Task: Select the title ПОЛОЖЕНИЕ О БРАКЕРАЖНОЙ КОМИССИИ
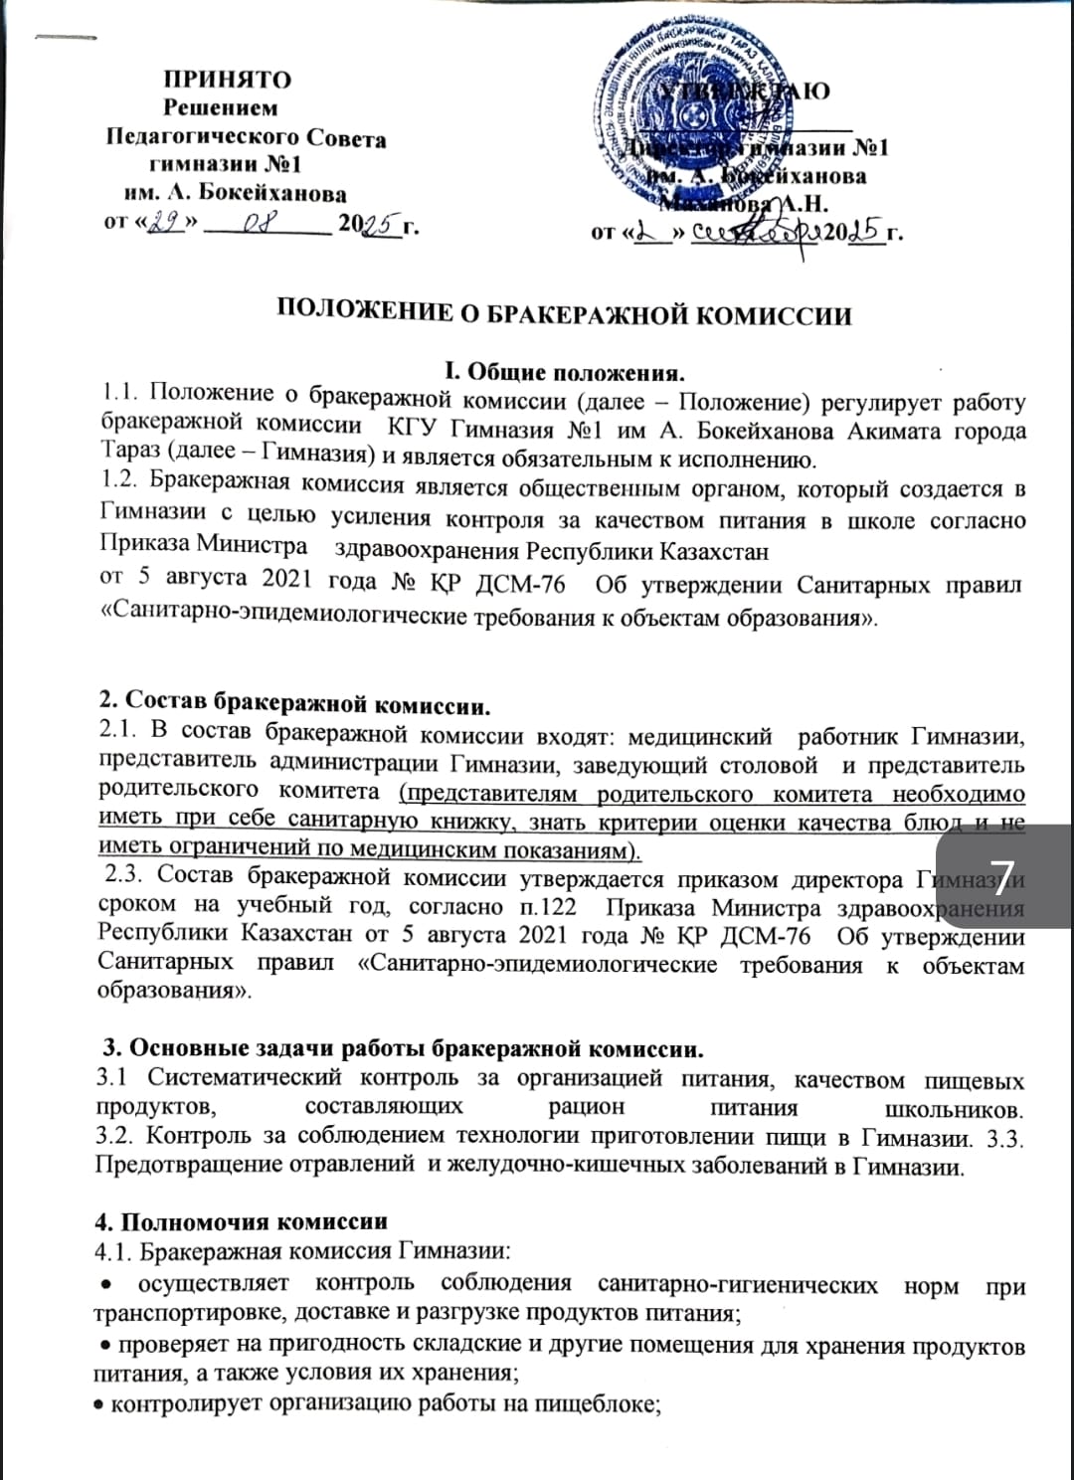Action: coord(564,315)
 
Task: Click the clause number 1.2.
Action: coord(118,486)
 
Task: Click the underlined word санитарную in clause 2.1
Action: coord(343,823)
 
